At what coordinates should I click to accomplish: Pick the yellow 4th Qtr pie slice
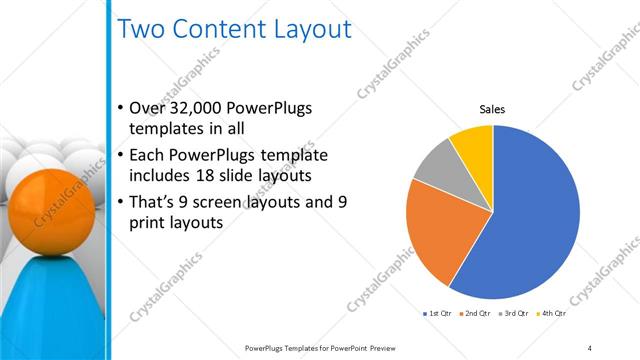coord(473,143)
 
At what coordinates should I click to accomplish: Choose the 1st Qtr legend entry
coord(438,313)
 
